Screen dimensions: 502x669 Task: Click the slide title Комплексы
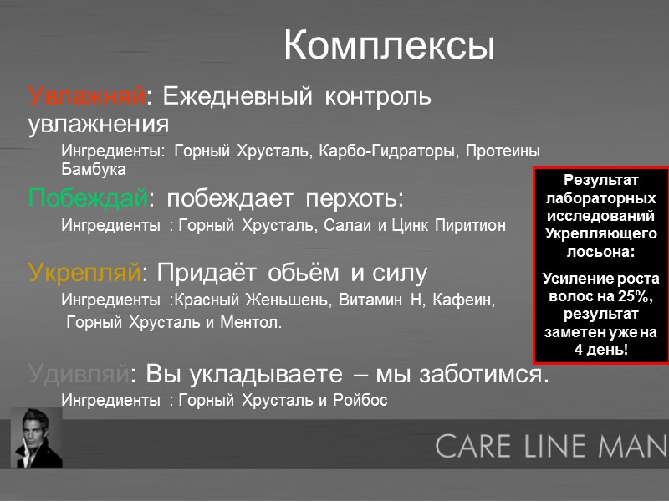coord(389,45)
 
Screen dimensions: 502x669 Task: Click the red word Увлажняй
coord(87,97)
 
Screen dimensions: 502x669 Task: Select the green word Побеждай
coord(89,199)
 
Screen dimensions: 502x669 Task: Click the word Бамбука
coord(94,169)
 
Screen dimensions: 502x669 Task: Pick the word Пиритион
coord(470,226)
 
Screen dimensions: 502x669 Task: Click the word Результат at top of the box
coord(600,180)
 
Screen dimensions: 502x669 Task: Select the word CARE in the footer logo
coord(473,445)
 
